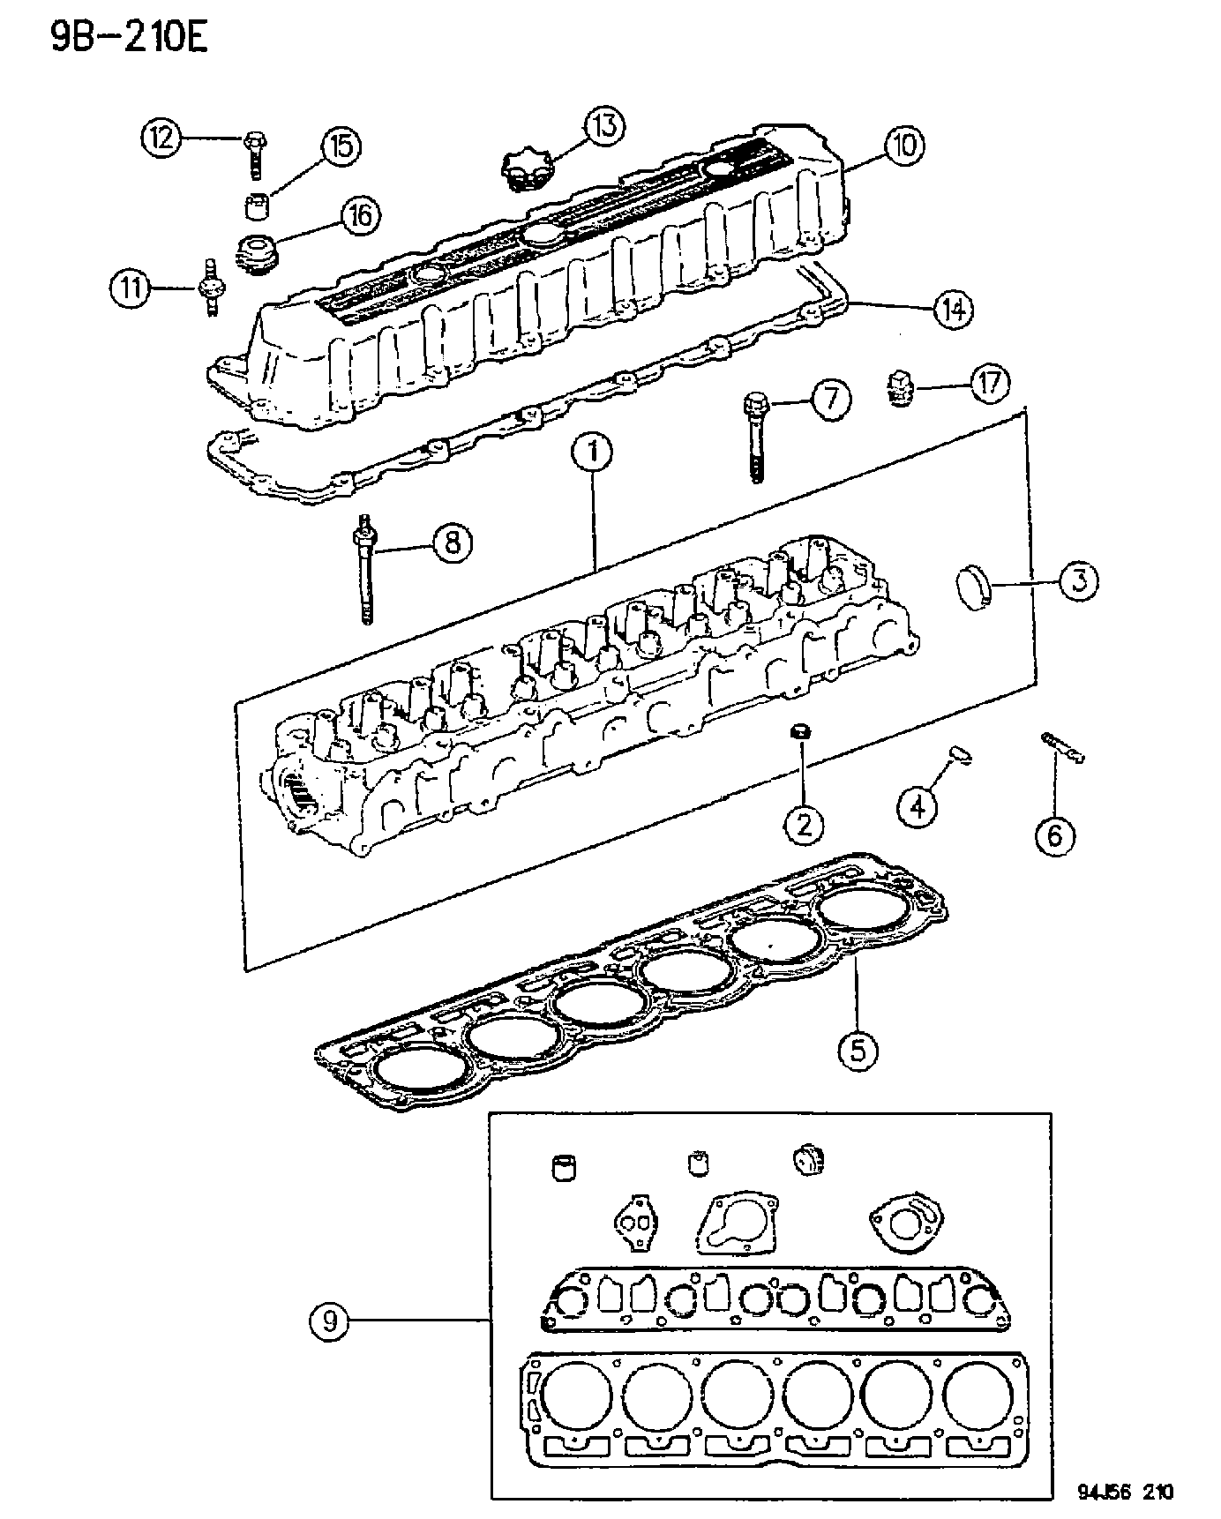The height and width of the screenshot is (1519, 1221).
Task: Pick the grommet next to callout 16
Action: [256, 253]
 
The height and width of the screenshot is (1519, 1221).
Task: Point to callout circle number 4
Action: [918, 804]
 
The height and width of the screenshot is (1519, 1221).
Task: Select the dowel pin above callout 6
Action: [1062, 747]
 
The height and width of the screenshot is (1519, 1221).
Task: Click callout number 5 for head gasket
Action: [858, 1049]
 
